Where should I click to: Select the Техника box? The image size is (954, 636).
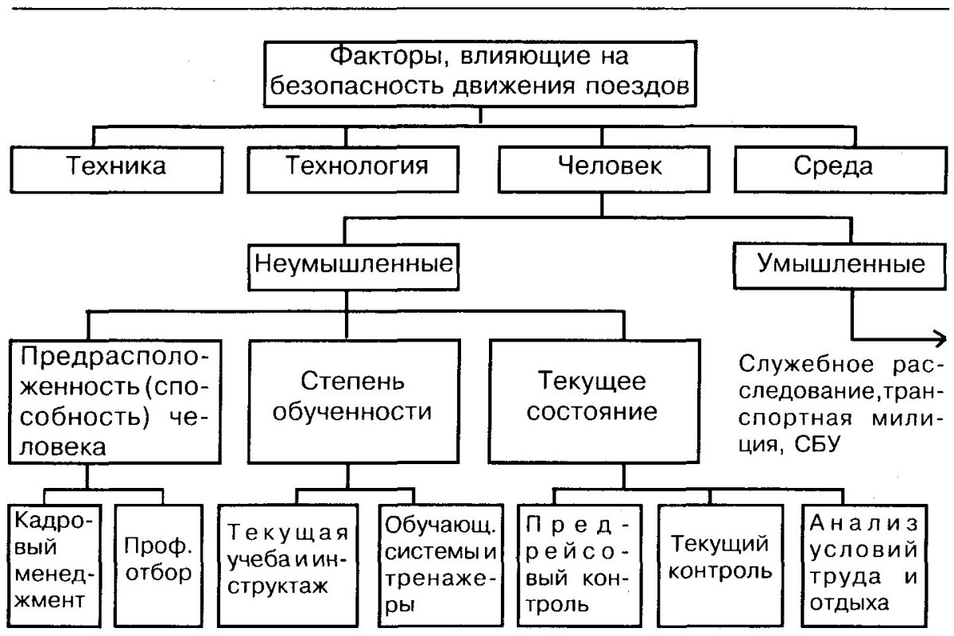115,166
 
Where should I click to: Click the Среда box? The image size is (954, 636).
832,166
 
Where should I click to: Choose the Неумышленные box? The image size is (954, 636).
347,263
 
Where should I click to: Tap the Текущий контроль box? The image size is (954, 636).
711,561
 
